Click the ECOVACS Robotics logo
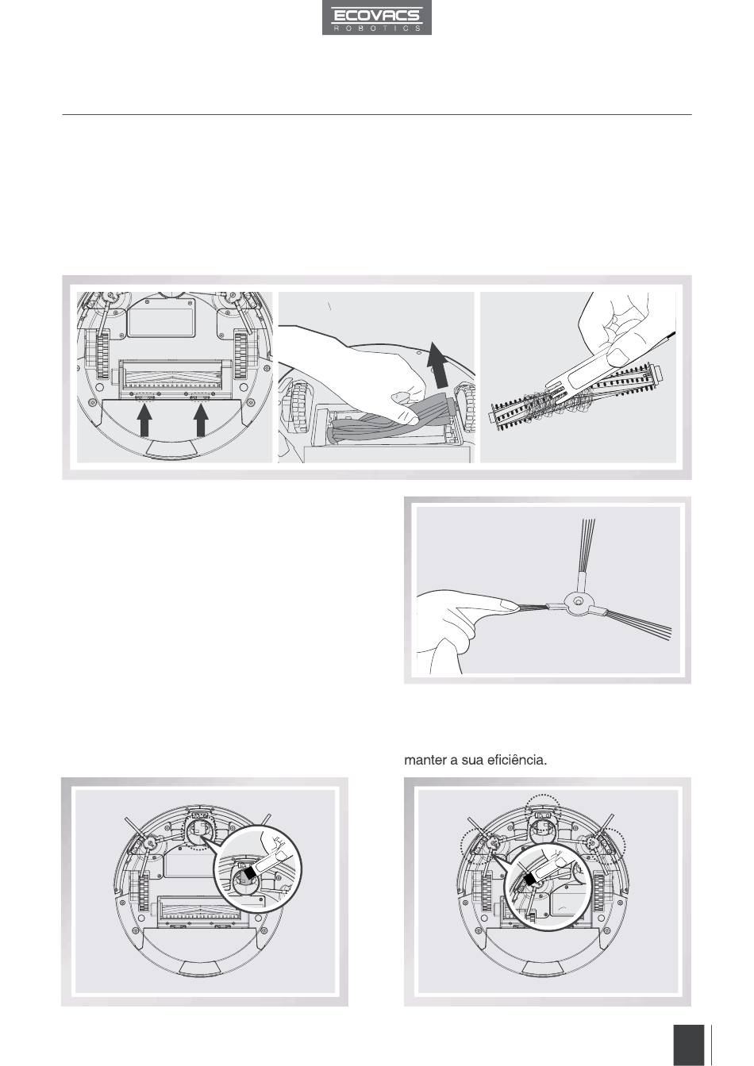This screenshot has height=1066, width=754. [x=377, y=17]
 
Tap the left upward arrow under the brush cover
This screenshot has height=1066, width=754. [x=144, y=421]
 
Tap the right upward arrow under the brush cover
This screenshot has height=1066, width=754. [x=201, y=421]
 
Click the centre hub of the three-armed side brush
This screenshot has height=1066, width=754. [x=576, y=602]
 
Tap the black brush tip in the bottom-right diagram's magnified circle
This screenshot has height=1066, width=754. [x=529, y=879]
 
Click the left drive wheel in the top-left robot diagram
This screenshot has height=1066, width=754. [x=102, y=354]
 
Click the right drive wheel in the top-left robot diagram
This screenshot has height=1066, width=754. [x=241, y=354]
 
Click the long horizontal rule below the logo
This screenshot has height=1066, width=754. [x=377, y=115]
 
